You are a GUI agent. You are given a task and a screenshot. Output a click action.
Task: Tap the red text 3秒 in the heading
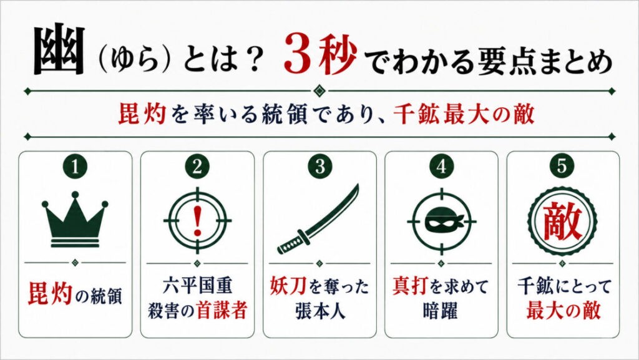(320, 54)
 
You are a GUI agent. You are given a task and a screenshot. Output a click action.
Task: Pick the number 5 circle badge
(562, 166)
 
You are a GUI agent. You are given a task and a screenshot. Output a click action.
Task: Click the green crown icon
(75, 219)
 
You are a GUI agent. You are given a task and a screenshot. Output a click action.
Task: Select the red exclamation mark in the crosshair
(198, 220)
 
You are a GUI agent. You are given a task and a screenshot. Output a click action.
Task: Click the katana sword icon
(318, 219)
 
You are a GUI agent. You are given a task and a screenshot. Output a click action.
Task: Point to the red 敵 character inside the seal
(562, 222)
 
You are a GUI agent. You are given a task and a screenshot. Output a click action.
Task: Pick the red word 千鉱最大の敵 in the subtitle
(464, 114)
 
